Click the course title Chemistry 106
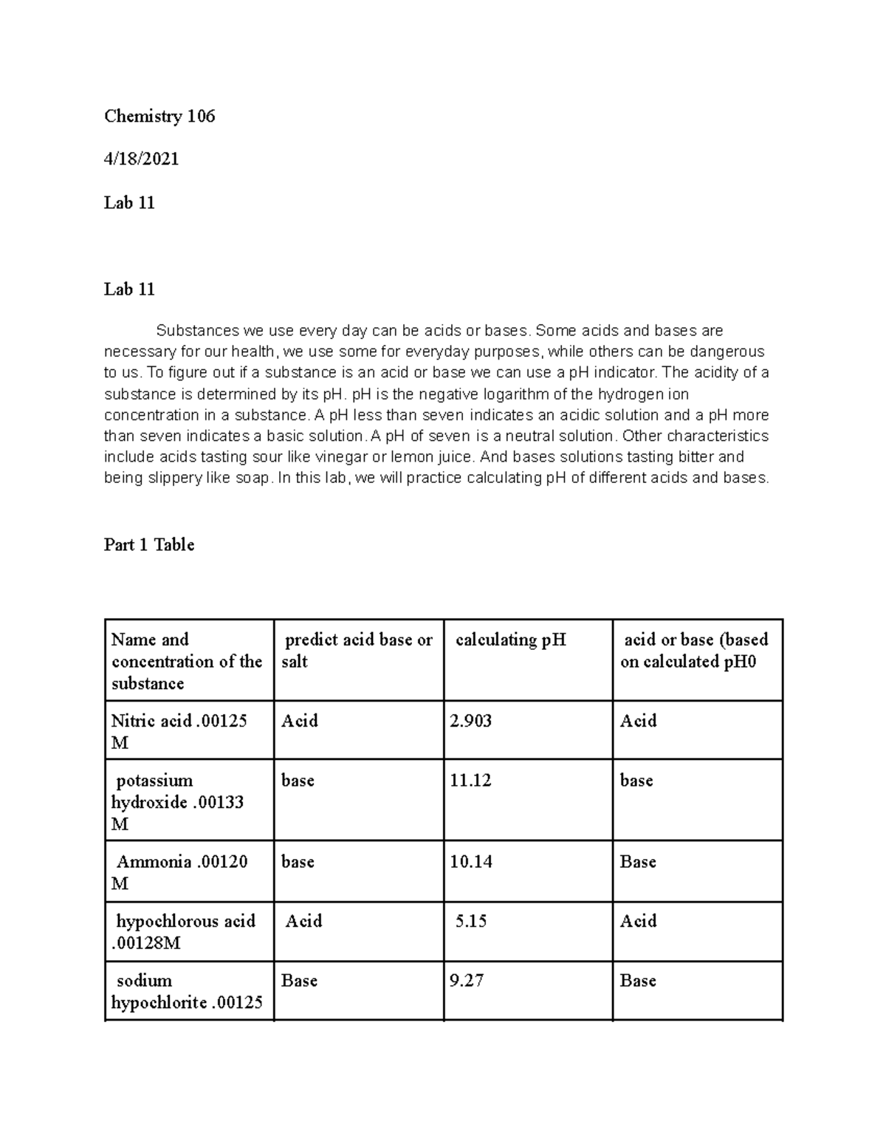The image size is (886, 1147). click(159, 116)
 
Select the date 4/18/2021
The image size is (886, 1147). click(141, 159)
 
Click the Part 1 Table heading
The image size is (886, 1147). click(149, 545)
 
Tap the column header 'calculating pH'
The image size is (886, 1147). click(511, 640)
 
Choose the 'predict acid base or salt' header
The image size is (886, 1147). click(357, 651)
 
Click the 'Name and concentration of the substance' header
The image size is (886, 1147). click(187, 661)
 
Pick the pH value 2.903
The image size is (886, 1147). click(470, 721)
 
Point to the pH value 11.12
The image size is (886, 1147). click(470, 781)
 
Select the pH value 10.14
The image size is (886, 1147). click(470, 862)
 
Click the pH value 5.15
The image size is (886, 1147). click(471, 921)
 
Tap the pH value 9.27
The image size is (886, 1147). click(467, 981)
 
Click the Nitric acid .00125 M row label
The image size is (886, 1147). click(179, 731)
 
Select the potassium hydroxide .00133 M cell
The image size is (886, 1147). click(177, 802)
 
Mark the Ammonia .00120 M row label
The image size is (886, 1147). click(181, 872)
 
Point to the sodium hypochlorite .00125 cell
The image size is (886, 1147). click(186, 992)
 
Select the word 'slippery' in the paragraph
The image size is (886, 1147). click(155, 478)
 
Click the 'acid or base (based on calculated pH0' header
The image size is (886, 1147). click(694, 651)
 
